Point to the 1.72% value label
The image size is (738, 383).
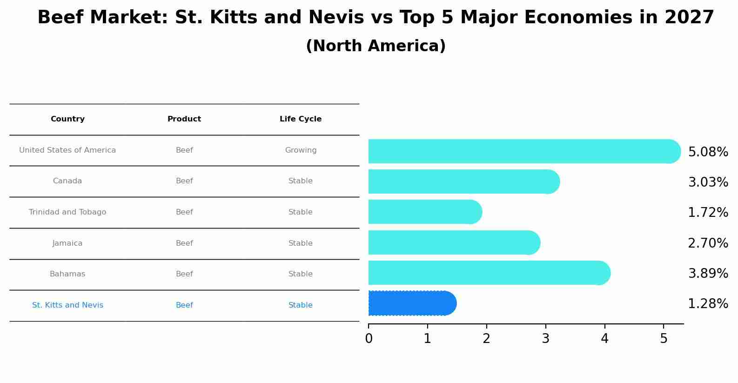coord(708,213)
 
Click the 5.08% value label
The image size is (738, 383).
coord(708,152)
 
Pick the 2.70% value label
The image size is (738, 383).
coord(708,243)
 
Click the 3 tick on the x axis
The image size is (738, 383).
coord(546,339)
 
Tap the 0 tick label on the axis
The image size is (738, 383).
coord(369,339)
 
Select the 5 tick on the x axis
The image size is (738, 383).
coord(664,339)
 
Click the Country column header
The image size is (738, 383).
coord(67,119)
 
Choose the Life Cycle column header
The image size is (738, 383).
coord(301,119)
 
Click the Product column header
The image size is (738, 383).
coord(184,119)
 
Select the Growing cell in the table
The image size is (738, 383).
coord(301,150)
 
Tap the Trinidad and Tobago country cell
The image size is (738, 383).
coord(67,212)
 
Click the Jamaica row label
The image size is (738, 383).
coord(67,243)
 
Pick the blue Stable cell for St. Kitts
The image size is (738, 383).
coord(301,305)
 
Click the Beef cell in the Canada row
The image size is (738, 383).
coord(184,181)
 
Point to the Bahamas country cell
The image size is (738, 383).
coord(67,274)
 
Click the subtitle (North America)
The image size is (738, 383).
coord(376,46)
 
